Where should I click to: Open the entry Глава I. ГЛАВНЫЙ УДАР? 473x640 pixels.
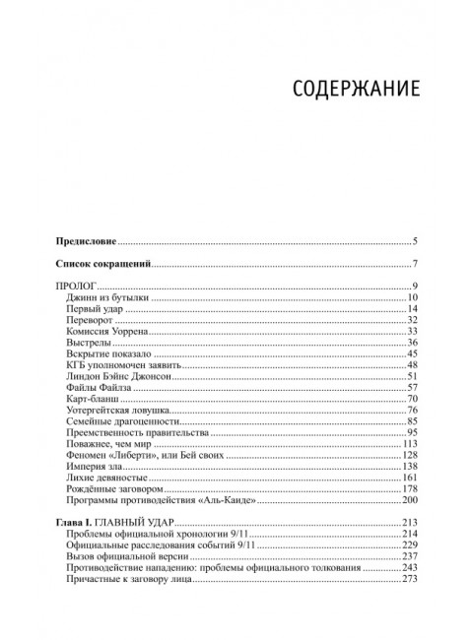[113, 546]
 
